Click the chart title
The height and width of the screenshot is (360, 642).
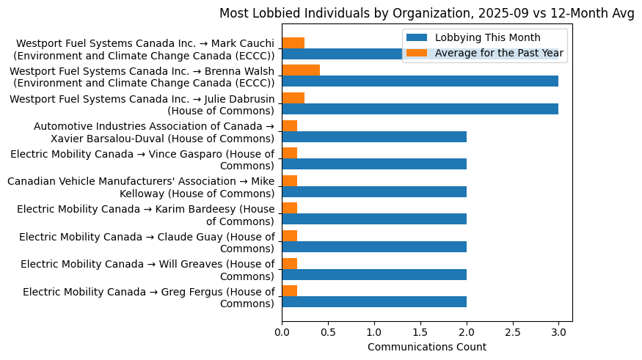(x=426, y=13)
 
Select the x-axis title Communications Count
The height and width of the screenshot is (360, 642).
(x=426, y=347)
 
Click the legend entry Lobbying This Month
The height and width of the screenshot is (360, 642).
(x=487, y=37)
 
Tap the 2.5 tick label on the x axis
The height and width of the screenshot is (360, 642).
(x=512, y=331)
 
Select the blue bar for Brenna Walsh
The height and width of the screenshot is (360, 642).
(x=420, y=81)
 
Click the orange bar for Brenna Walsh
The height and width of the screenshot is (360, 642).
(x=301, y=70)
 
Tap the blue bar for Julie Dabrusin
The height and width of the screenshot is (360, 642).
(x=420, y=109)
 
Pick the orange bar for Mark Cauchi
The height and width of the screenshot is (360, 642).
(x=293, y=43)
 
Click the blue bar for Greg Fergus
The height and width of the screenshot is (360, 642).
(x=374, y=301)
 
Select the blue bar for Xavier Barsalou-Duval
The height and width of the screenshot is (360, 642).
(x=374, y=136)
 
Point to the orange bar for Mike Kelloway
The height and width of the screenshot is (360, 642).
(x=289, y=180)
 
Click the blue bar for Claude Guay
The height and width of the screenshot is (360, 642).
(x=374, y=246)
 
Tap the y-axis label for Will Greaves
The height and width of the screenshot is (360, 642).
(x=147, y=270)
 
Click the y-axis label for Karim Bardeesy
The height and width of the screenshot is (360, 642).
(x=146, y=215)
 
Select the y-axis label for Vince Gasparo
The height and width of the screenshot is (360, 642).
(x=142, y=159)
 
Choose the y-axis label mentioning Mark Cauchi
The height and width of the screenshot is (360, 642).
(x=145, y=50)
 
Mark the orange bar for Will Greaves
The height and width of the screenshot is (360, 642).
(x=289, y=263)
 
